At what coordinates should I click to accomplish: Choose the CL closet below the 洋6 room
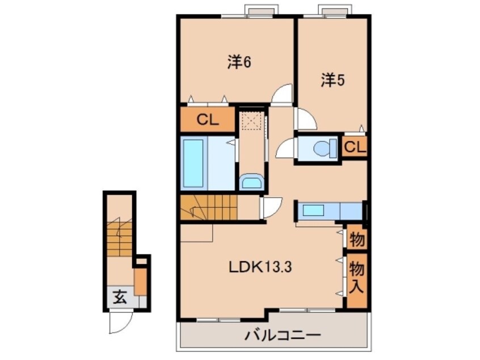pos(208,120)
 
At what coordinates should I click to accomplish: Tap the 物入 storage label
pos(356,277)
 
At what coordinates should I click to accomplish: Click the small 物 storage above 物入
pos(356,238)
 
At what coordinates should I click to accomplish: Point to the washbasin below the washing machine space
pos(250,182)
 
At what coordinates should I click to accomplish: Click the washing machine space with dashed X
pos(250,121)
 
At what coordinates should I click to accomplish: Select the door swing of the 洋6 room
pos(282,95)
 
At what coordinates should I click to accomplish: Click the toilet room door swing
pos(285,149)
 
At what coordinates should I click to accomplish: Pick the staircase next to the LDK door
pos(208,207)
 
